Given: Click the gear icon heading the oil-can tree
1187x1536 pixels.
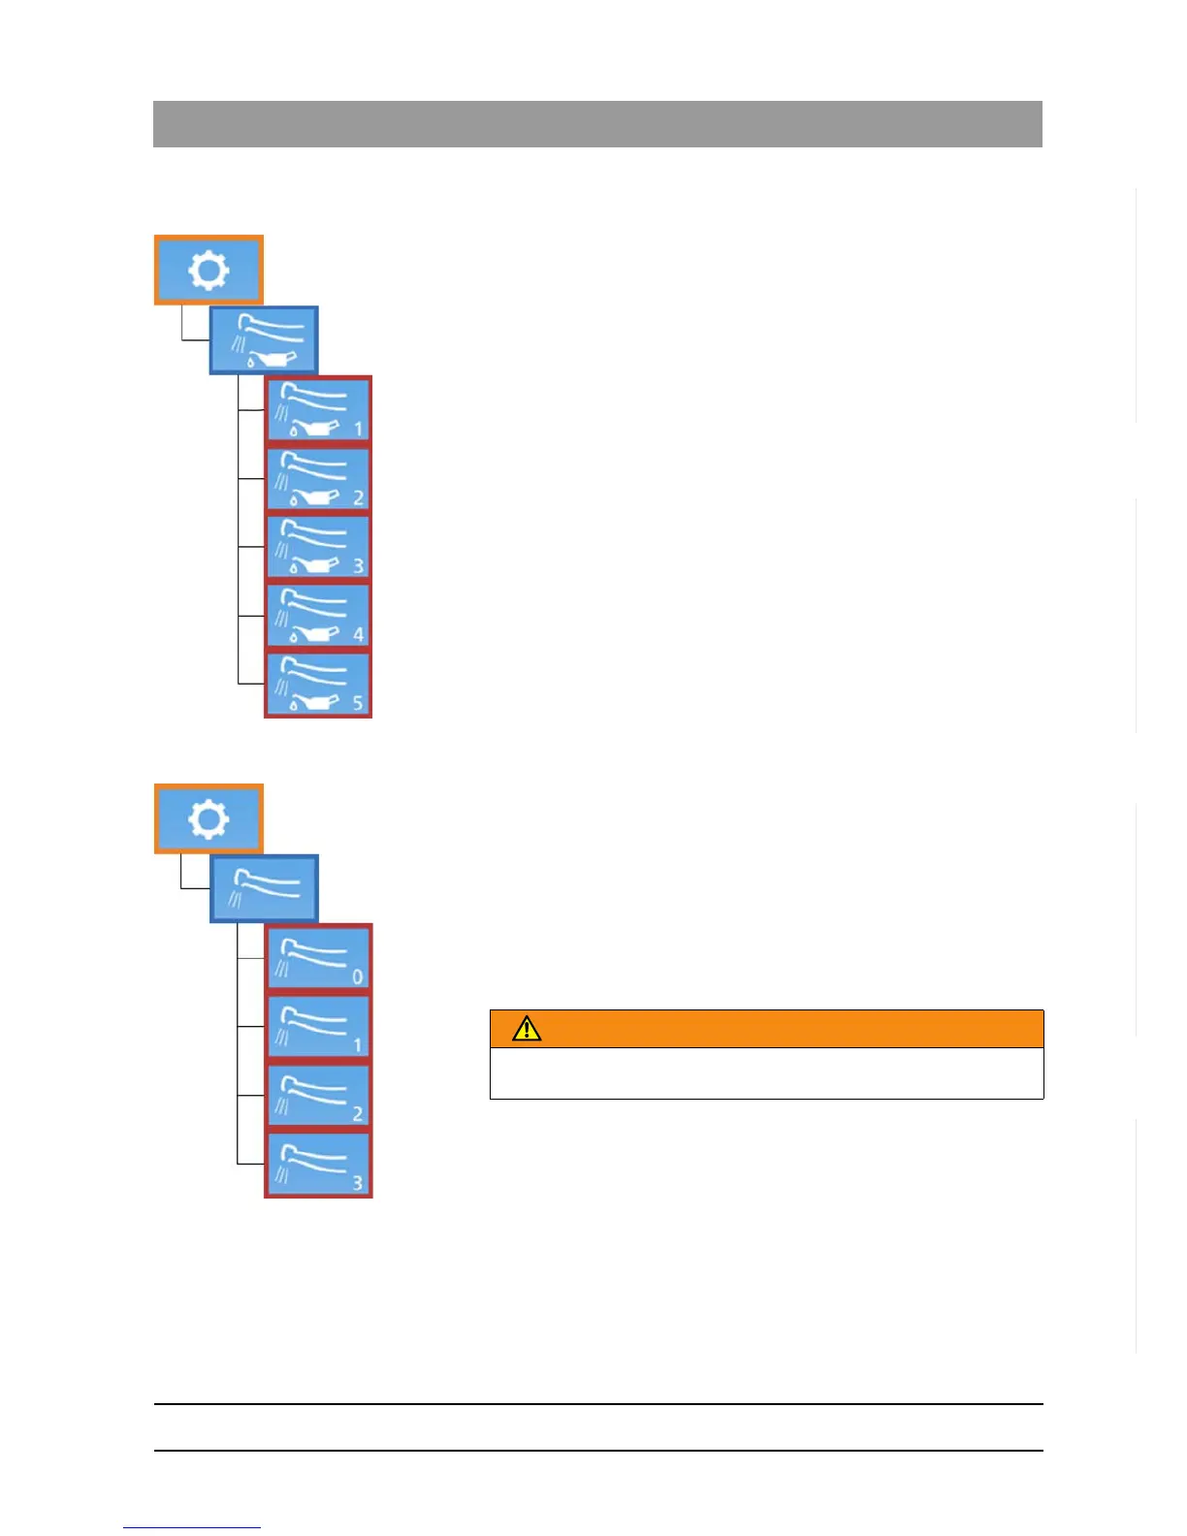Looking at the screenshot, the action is pos(209,270).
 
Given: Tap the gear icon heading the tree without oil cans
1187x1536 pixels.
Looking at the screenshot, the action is pos(209,818).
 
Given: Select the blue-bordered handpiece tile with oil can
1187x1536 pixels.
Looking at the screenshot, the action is pos(264,340).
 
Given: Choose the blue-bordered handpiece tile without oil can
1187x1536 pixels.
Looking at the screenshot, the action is pos(264,888).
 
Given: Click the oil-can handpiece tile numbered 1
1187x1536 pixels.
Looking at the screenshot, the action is pos(318,410).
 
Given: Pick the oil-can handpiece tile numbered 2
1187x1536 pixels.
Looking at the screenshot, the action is pos(318,479).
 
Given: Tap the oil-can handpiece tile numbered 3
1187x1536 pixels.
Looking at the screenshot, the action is pos(318,548).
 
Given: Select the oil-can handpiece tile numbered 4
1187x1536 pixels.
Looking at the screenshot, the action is pos(318,617).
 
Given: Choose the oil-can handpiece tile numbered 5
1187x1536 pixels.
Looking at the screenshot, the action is pos(318,685).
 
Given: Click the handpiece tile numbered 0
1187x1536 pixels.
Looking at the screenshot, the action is pos(318,958).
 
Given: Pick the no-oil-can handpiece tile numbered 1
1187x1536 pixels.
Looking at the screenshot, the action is pos(318,1027).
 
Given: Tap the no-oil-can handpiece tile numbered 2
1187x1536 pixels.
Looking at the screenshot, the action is pos(318,1096).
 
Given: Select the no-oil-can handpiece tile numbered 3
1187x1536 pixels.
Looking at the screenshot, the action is pos(318,1165).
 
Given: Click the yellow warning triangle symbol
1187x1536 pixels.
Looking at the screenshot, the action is pos(527,1029).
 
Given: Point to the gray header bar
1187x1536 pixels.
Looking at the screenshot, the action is pos(597,124).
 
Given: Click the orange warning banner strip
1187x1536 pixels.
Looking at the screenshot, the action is pos(766,1029).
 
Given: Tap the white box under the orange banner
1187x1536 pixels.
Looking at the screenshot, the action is pos(766,1073).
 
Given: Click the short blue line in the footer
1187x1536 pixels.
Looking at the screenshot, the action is pos(192,1528).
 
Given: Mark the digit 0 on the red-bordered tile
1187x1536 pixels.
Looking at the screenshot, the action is pos(357,976).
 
